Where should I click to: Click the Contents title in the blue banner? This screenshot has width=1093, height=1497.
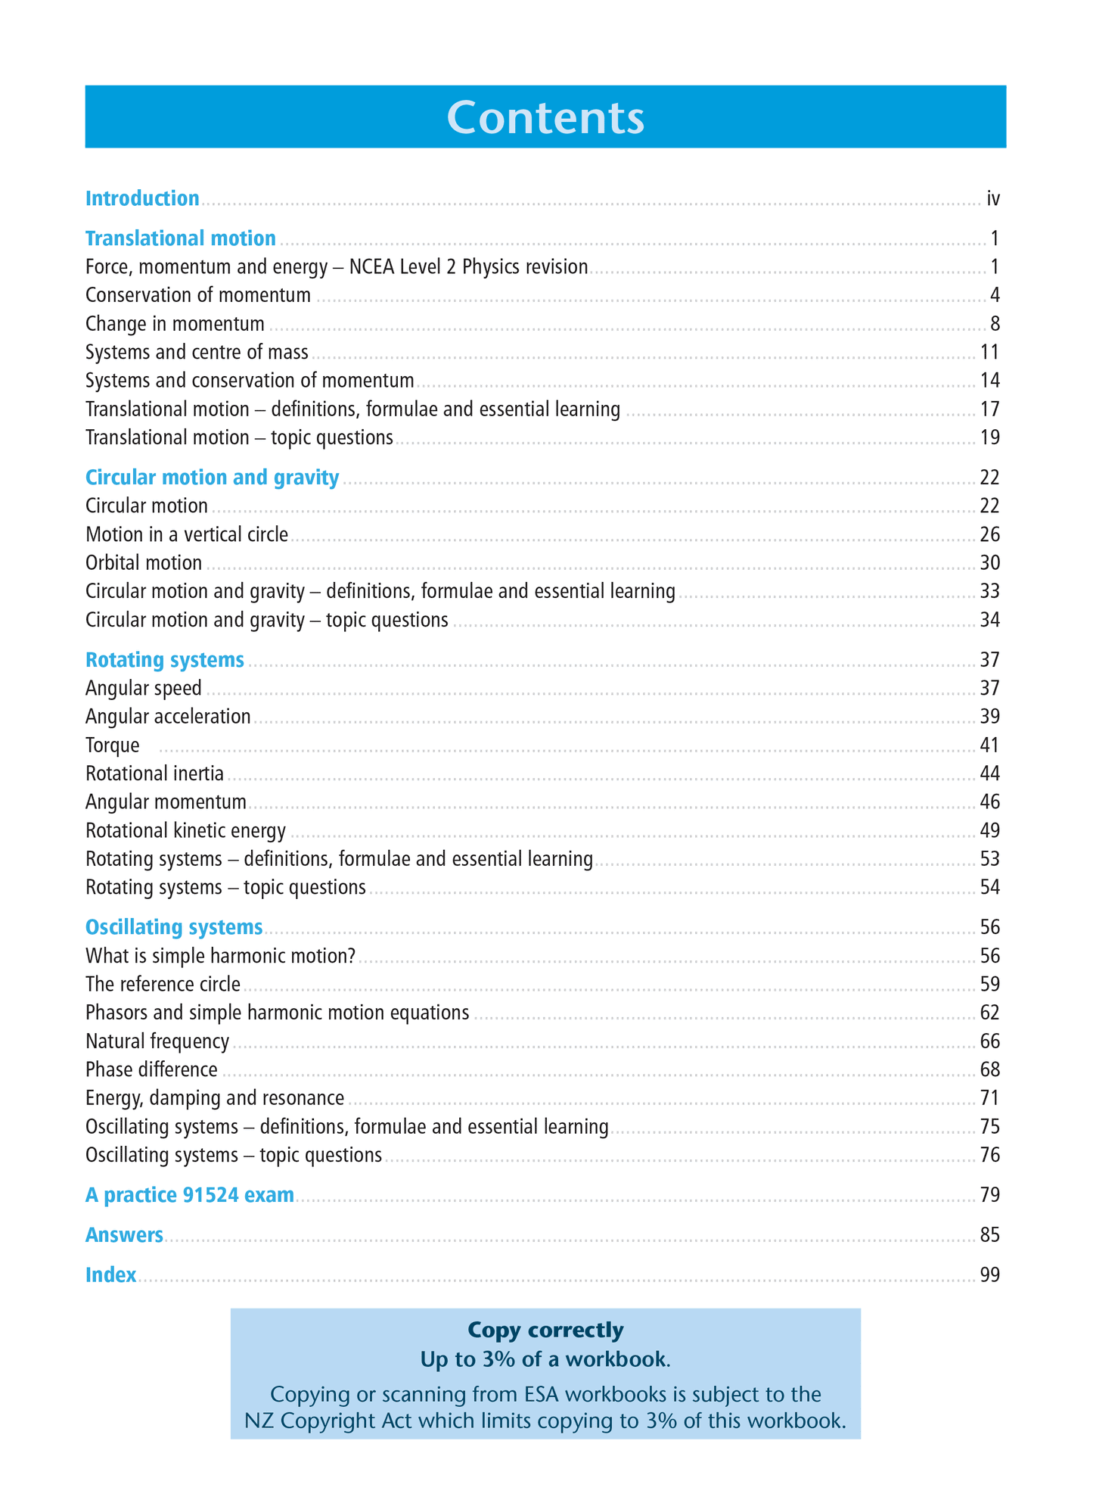[545, 117]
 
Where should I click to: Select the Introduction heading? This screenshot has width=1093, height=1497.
[142, 198]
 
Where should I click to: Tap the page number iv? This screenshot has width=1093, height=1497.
[993, 199]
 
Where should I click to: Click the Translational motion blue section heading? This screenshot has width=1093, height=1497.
[180, 238]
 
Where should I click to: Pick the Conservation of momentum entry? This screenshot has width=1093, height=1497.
[198, 295]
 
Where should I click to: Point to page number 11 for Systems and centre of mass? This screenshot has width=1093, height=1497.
[989, 352]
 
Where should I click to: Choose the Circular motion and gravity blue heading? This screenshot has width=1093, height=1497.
[212, 478]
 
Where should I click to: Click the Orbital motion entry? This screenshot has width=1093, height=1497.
[144, 563]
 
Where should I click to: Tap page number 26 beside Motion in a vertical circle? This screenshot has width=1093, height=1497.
[989, 535]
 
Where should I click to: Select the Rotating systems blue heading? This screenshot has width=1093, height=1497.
[165, 660]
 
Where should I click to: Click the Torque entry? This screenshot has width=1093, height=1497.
[113, 745]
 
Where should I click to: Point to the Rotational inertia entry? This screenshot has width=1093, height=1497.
[154, 773]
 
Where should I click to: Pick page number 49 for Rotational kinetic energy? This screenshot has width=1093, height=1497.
[989, 831]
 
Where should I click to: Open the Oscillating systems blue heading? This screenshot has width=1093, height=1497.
[174, 927]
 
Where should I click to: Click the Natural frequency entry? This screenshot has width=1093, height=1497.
[157, 1041]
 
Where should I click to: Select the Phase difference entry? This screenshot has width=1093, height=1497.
[151, 1069]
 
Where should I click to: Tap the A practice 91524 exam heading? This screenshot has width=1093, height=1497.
[189, 1195]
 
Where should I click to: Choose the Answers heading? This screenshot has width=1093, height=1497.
[124, 1235]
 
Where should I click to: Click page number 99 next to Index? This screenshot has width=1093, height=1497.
[989, 1275]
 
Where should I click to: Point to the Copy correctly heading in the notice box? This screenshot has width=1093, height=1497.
[545, 1330]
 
